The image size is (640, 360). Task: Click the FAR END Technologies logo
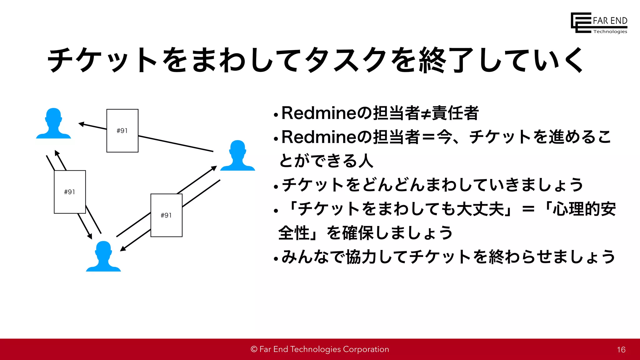point(598,23)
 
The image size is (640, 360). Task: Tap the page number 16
point(621,350)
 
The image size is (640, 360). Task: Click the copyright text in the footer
point(320,349)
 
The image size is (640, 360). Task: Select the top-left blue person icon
point(53,124)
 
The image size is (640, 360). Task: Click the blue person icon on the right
point(237,156)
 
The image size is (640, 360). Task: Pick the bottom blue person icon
point(103,257)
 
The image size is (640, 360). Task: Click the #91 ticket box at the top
point(122,131)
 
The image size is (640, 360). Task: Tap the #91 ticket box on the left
point(70,192)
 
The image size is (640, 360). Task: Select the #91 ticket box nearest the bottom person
point(166,215)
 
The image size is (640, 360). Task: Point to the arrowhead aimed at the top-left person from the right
point(81,124)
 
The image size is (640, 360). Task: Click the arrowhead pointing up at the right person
point(214,168)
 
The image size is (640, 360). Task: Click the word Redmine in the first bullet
point(318,113)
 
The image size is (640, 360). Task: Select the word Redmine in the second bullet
point(318,137)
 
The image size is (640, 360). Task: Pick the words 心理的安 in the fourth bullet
point(584,209)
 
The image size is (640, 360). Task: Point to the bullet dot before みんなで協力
point(276,259)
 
